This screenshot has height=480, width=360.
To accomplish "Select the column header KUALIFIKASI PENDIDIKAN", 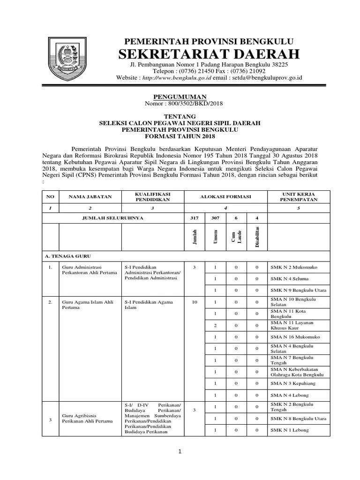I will (152, 196).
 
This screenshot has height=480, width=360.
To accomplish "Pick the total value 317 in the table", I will (194, 218).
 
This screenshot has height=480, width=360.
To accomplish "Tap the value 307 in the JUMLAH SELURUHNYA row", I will (215, 218).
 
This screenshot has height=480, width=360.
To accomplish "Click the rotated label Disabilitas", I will (257, 237).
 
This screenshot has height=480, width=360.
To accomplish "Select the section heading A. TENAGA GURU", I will (67, 256).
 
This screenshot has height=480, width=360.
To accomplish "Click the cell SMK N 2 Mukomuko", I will (293, 267).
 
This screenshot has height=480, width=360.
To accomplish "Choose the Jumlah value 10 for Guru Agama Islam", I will (194, 302).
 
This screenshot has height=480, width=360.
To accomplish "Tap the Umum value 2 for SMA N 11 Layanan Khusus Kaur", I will (215, 325).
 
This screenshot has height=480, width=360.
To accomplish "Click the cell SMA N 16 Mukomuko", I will (294, 337).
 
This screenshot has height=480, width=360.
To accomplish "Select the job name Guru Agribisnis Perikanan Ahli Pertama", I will (87, 418).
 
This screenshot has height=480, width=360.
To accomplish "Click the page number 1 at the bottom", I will (179, 452).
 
